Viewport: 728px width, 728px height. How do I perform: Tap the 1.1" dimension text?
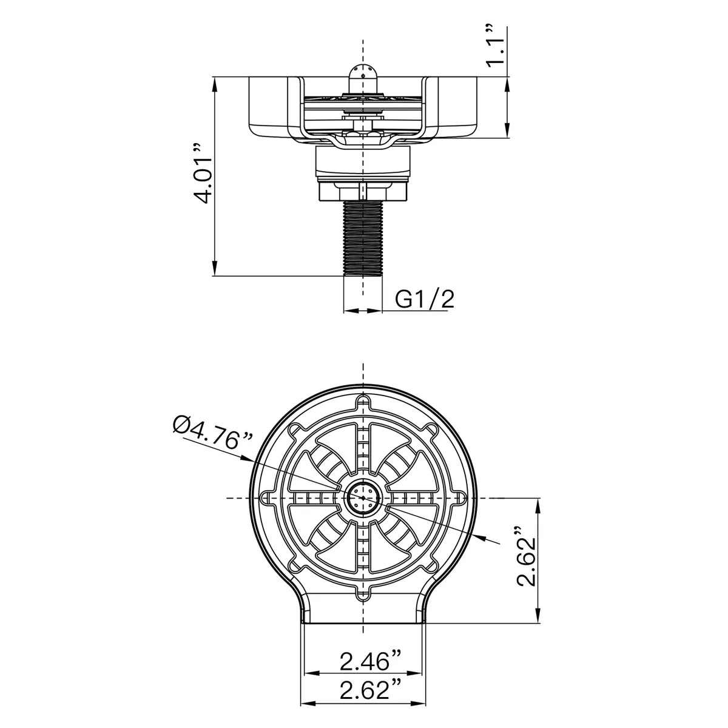(x=495, y=46)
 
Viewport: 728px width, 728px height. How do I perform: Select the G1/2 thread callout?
(x=424, y=300)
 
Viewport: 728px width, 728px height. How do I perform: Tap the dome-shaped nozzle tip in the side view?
(x=363, y=78)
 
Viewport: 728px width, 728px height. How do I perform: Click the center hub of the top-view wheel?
(x=363, y=498)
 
